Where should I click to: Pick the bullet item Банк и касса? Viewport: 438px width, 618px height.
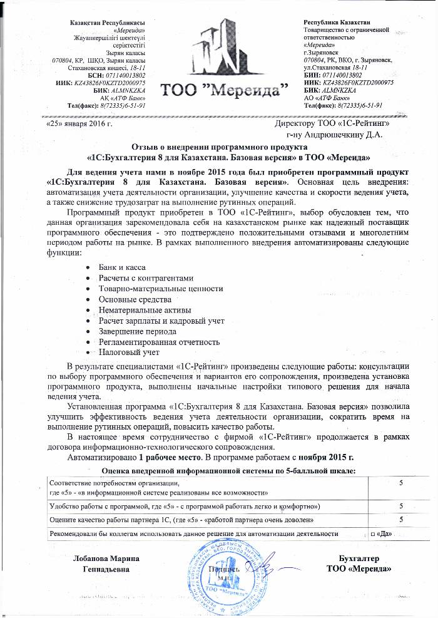(x=123, y=267)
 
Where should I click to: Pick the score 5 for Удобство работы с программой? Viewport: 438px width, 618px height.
(x=400, y=505)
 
